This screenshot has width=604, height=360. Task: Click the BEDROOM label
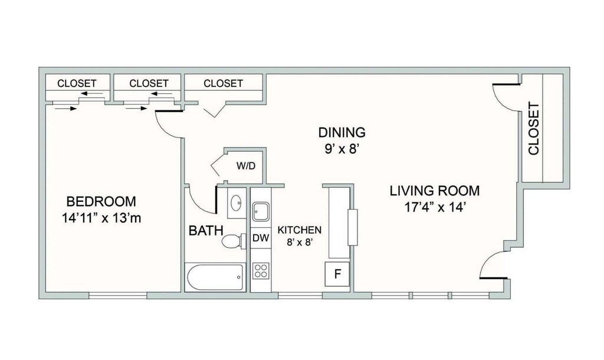[101, 201]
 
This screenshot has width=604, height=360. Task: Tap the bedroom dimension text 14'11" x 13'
[98, 218]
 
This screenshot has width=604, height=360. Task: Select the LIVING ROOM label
[435, 191]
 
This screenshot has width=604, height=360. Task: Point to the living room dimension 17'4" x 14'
[436, 208]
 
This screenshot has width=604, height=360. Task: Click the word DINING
[342, 132]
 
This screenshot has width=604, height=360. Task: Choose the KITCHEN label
[300, 230]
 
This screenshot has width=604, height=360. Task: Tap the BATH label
[206, 231]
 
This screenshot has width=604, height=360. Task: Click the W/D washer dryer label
[246, 166]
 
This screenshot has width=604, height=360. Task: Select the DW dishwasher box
[261, 238]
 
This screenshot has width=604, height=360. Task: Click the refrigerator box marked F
[337, 274]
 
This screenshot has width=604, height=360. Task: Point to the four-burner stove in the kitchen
[261, 270]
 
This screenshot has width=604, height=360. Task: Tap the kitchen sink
[261, 211]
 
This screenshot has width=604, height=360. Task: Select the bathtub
[215, 277]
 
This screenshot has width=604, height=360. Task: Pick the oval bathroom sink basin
[235, 202]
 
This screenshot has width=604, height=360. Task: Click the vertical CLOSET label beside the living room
[533, 128]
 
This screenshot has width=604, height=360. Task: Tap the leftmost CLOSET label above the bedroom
[77, 83]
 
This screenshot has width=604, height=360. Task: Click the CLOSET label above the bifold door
[224, 83]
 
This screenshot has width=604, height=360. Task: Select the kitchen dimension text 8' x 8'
[299, 243]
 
